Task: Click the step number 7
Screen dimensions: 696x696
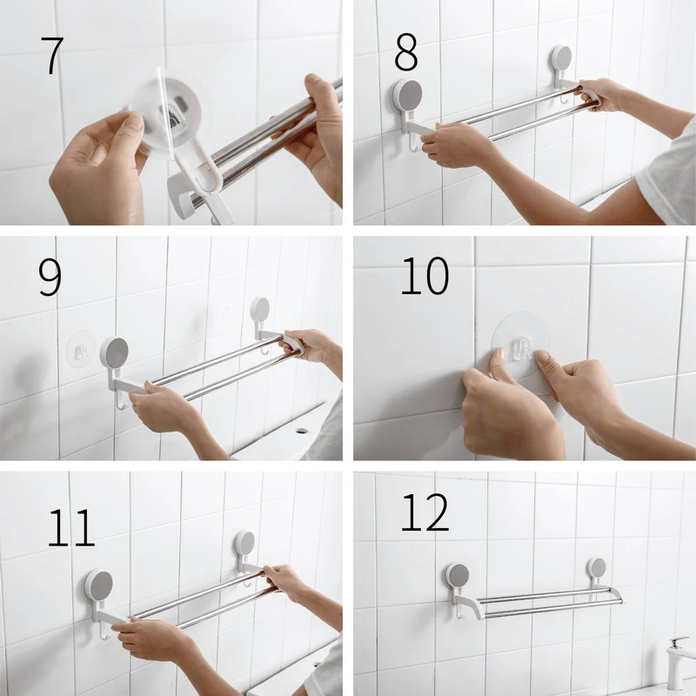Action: [x=52, y=56]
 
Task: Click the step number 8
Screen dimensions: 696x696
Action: [x=406, y=52]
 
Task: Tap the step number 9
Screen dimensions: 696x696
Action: [x=50, y=278]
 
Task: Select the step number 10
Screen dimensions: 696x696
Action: [x=425, y=276]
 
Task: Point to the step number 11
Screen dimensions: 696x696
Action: [x=71, y=527]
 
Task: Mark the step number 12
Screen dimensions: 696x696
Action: [x=425, y=512]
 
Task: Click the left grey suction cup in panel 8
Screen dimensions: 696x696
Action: [x=407, y=95]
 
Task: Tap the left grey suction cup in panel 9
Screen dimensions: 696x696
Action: [x=115, y=352]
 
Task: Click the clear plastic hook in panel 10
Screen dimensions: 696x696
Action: [x=522, y=349]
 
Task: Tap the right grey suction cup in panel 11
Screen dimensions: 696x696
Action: [x=245, y=545]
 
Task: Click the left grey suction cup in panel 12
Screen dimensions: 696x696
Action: [x=458, y=578]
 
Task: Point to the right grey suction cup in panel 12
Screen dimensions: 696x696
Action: [x=597, y=569]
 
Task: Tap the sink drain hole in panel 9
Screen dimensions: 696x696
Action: [x=303, y=431]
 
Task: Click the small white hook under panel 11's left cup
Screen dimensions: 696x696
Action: [x=104, y=630]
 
